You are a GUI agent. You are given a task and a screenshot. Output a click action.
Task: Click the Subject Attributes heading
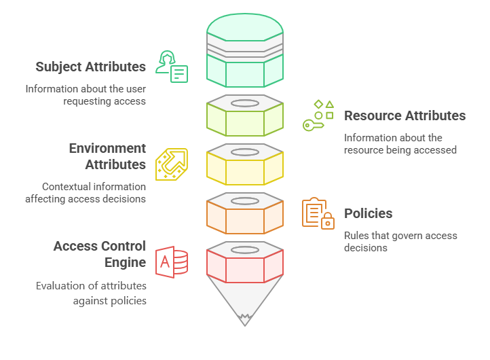(91, 67)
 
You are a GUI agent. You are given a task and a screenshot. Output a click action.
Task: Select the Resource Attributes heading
(404, 115)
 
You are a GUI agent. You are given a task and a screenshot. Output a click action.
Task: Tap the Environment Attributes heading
(107, 156)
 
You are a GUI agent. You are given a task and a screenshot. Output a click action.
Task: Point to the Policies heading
(368, 213)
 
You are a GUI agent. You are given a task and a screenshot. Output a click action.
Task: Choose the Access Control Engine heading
(100, 254)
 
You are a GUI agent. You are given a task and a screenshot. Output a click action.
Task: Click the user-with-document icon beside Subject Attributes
(171, 66)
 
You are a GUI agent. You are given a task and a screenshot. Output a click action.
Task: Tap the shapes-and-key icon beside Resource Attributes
(318, 115)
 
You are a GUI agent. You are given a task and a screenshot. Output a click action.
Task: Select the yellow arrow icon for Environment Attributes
(171, 164)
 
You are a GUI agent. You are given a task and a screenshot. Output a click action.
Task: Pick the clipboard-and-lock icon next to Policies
(318, 213)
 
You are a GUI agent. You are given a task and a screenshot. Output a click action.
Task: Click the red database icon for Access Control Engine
(172, 262)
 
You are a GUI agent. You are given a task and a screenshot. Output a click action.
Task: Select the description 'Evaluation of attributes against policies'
(91, 293)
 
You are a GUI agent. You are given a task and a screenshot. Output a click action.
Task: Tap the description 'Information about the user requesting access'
(86, 95)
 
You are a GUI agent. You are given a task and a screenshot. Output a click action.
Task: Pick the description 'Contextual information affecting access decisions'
(86, 193)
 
